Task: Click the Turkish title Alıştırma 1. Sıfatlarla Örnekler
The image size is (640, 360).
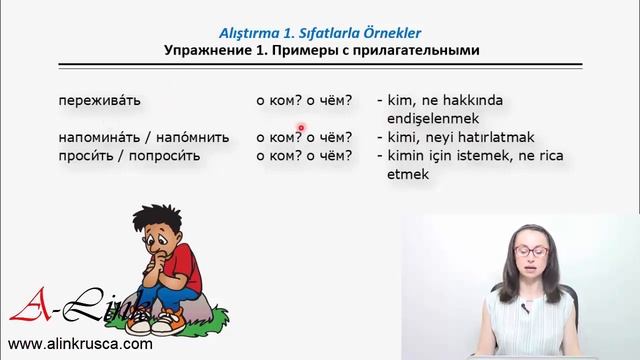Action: point(320,31)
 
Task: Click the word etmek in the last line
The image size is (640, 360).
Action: point(407,173)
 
